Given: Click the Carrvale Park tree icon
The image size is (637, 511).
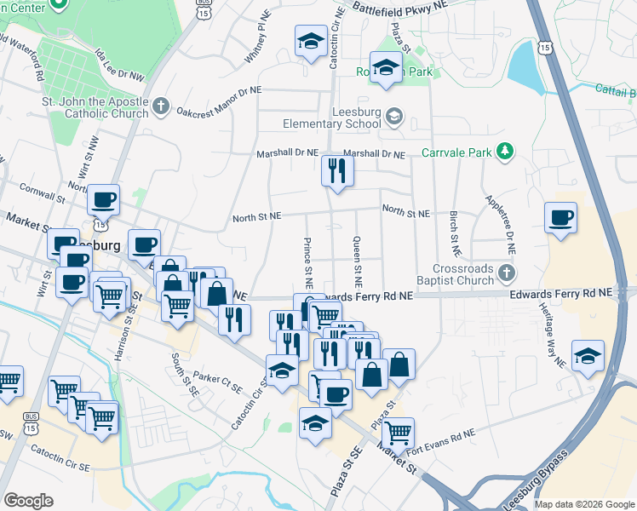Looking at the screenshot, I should click(x=506, y=152).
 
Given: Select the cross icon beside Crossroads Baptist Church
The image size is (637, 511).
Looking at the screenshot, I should click(x=507, y=273).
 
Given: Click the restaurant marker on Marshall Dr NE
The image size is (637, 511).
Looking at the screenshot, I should click(x=337, y=171).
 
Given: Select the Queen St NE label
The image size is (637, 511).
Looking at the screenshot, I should click(x=359, y=260).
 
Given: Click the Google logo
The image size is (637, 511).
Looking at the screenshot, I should click(x=28, y=501).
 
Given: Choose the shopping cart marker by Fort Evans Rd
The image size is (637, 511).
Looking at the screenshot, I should click(x=398, y=433).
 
